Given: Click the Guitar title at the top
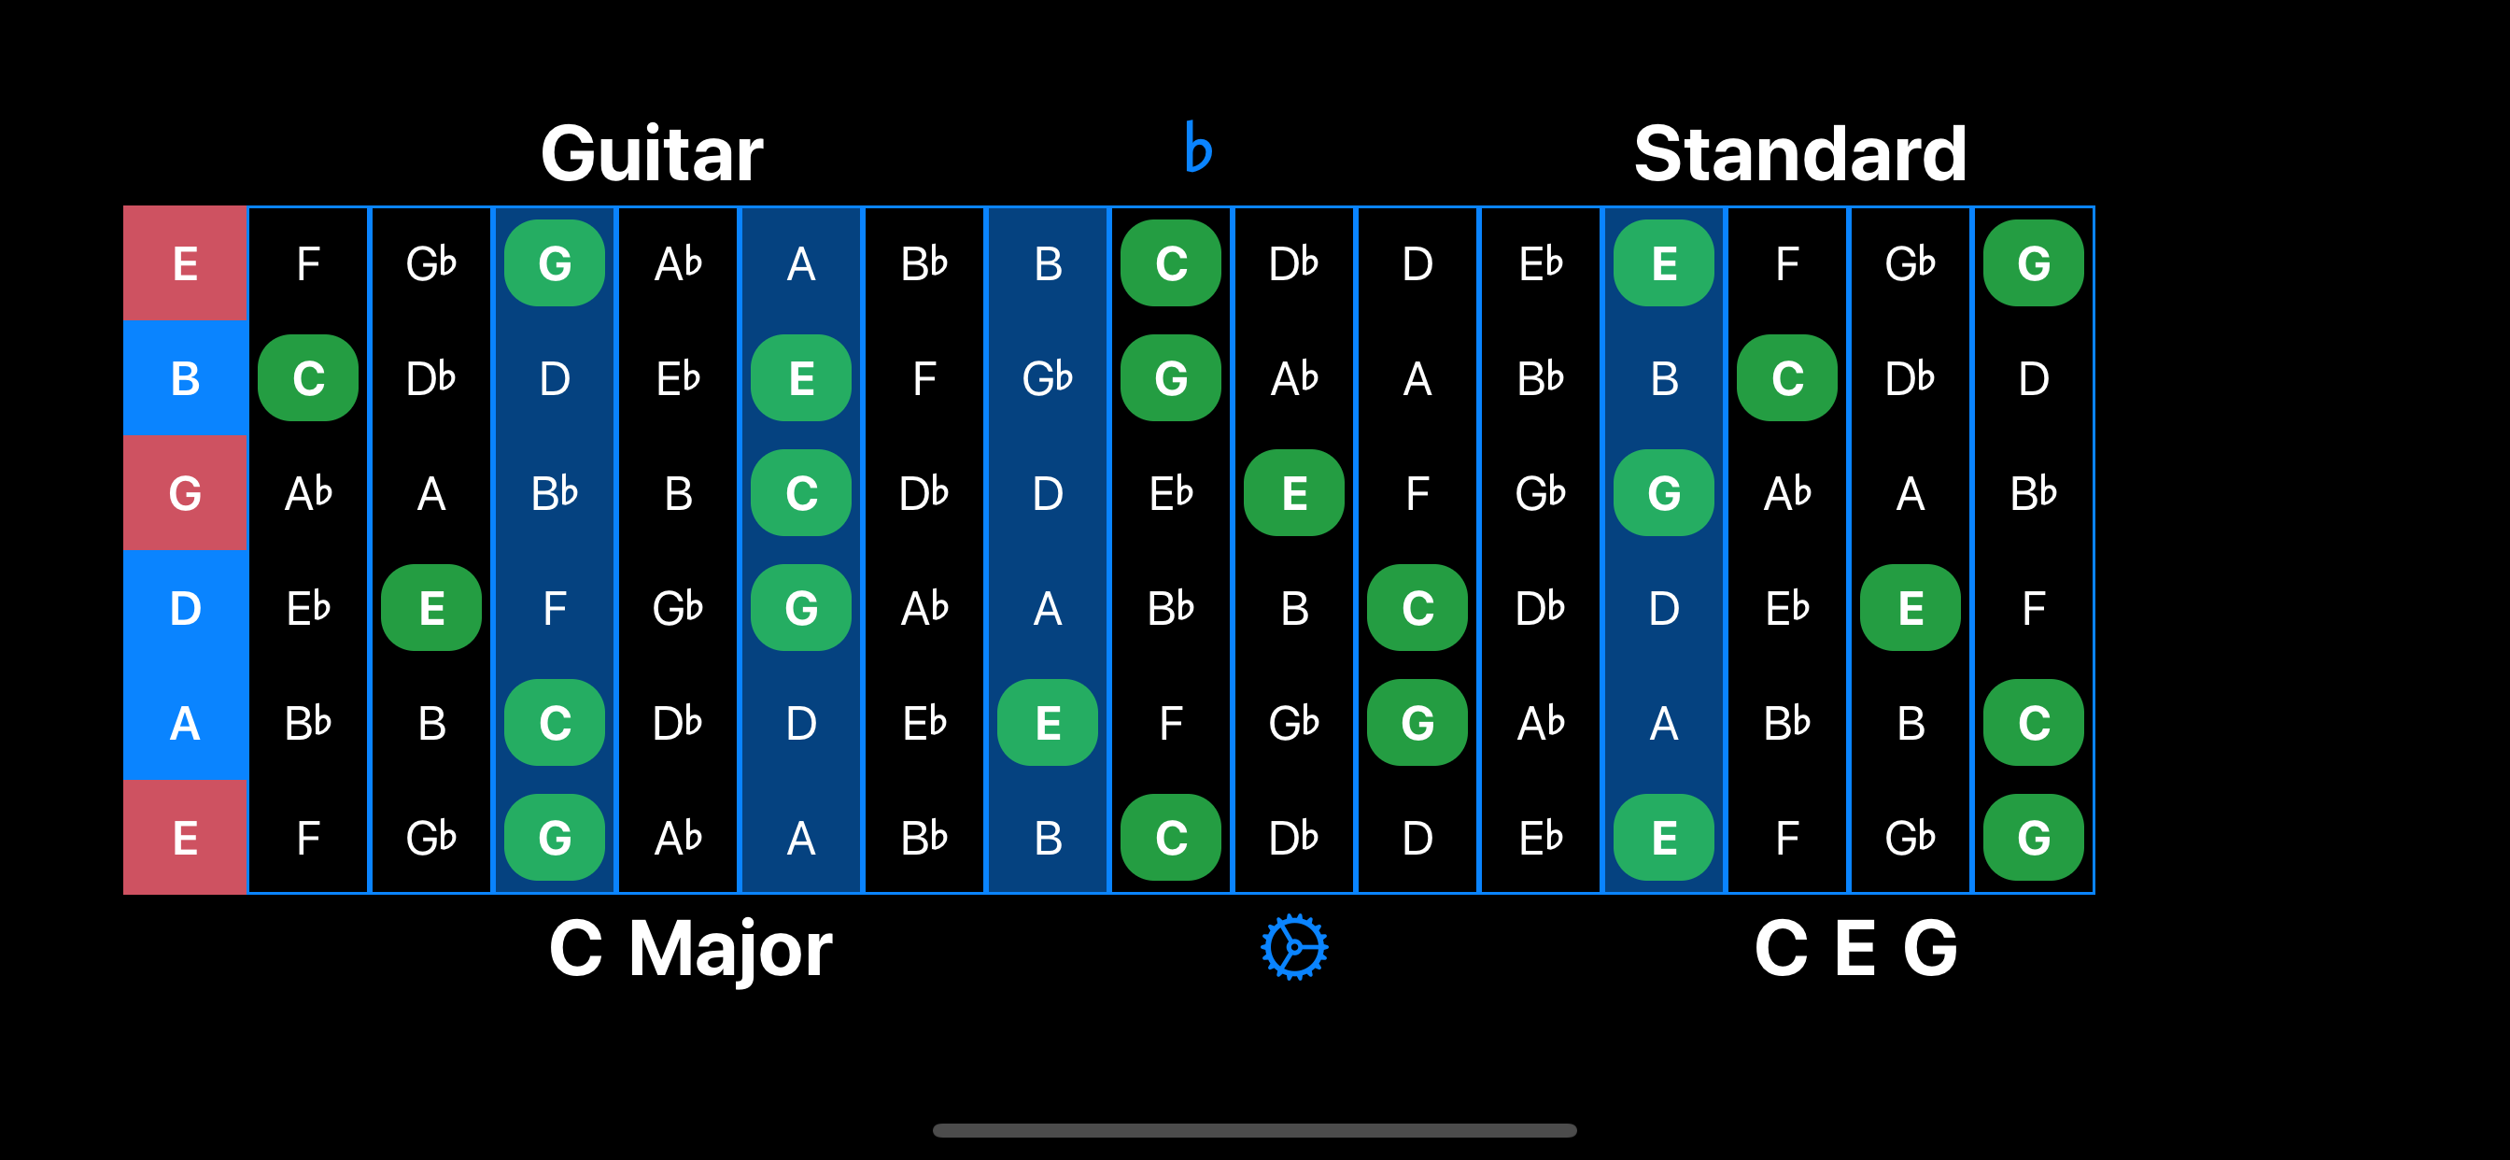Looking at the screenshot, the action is (x=652, y=154).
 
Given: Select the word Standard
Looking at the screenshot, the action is (x=1799, y=154).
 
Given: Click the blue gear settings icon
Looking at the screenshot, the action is (x=1294, y=946).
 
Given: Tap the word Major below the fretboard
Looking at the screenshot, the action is (x=731, y=950).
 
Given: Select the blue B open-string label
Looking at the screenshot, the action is (x=185, y=378).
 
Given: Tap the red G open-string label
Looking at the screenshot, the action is (x=185, y=493).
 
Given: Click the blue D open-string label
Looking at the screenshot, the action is (x=185, y=608).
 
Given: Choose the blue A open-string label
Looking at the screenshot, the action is (x=185, y=723).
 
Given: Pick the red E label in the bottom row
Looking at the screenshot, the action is (x=185, y=838).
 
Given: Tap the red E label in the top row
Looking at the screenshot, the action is (x=185, y=263).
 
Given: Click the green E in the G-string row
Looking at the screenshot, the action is (x=1294, y=493).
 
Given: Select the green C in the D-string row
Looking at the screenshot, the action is (x=1417, y=608).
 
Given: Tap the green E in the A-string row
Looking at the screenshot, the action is (x=1048, y=723).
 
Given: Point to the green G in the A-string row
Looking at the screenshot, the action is (x=1417, y=723).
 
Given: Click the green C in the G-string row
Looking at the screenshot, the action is (x=801, y=493).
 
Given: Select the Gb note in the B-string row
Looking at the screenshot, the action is (x=1048, y=378).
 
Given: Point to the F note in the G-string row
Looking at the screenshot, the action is (x=1417, y=493).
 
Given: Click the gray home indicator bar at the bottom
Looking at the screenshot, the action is (x=1255, y=1130).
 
